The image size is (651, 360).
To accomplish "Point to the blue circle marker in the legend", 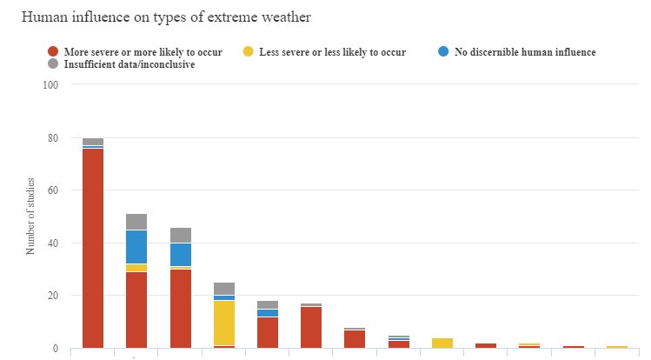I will (x=444, y=52).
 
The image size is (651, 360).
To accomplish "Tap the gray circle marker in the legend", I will (x=54, y=64).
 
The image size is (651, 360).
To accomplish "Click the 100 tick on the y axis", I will (x=50, y=85).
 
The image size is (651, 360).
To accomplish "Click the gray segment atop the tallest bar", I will (x=93, y=142).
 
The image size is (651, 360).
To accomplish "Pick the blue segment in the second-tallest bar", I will (x=136, y=247).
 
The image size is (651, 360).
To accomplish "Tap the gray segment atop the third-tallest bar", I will (x=180, y=235).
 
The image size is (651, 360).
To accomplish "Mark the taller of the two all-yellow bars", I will (x=442, y=343).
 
